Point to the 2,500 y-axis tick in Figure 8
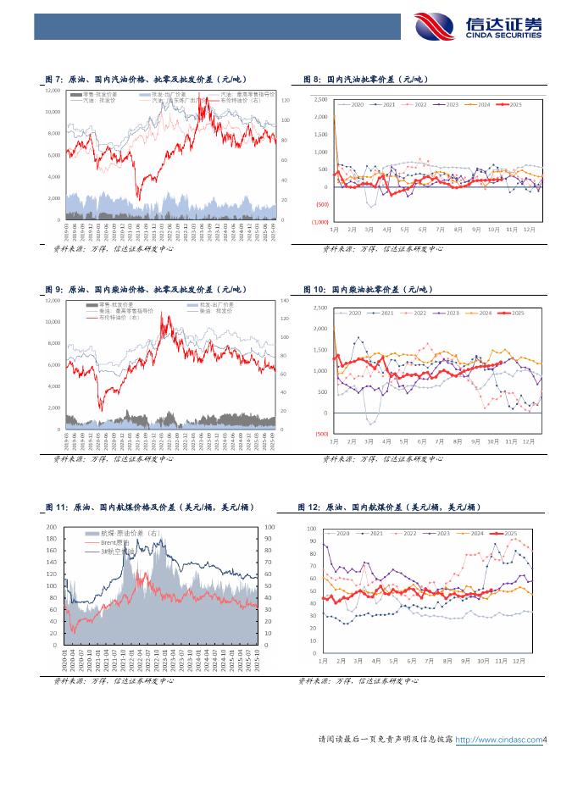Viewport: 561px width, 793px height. coord(321,99)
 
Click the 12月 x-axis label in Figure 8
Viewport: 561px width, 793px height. coord(530,230)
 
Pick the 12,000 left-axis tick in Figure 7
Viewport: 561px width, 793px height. coord(53,90)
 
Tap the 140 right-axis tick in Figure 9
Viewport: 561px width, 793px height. coord(284,301)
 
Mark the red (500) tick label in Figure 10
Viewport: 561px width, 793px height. coord(321,434)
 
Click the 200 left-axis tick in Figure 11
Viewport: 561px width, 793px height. coord(53,526)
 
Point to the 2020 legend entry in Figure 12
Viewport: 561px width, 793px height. coord(342,534)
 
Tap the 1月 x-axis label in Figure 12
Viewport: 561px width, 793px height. coord(323,660)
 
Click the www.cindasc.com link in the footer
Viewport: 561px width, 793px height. coord(498,740)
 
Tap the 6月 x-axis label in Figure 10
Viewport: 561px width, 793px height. coord(422,441)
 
